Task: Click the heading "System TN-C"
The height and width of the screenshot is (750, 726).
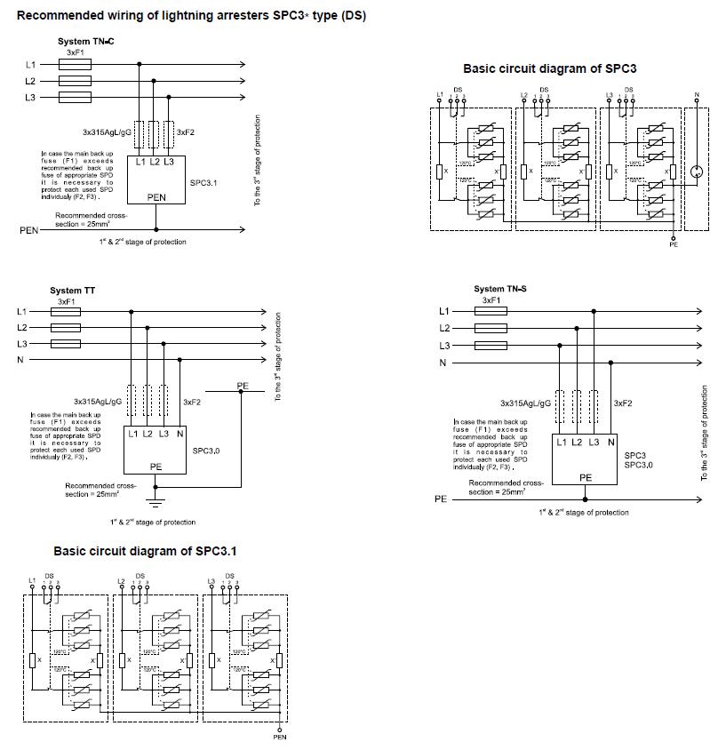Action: (x=86, y=42)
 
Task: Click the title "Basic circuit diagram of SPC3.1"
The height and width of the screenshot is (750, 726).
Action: (x=145, y=551)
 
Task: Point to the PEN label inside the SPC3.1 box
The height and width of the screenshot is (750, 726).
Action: (x=156, y=198)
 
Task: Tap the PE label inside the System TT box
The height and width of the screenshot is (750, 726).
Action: (x=156, y=465)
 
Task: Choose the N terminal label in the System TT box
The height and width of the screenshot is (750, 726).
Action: (x=180, y=434)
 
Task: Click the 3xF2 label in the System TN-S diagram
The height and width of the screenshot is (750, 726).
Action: (x=622, y=403)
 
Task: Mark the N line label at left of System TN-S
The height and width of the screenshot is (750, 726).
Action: (x=443, y=363)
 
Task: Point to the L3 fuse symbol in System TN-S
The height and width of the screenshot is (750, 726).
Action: (x=492, y=345)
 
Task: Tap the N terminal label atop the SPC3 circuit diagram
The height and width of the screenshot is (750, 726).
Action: (x=696, y=94)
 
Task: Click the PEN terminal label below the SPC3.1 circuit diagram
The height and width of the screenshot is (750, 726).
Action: (x=280, y=737)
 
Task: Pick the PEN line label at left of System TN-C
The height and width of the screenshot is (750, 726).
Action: (x=29, y=230)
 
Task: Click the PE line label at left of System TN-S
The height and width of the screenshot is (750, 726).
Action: (x=441, y=499)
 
